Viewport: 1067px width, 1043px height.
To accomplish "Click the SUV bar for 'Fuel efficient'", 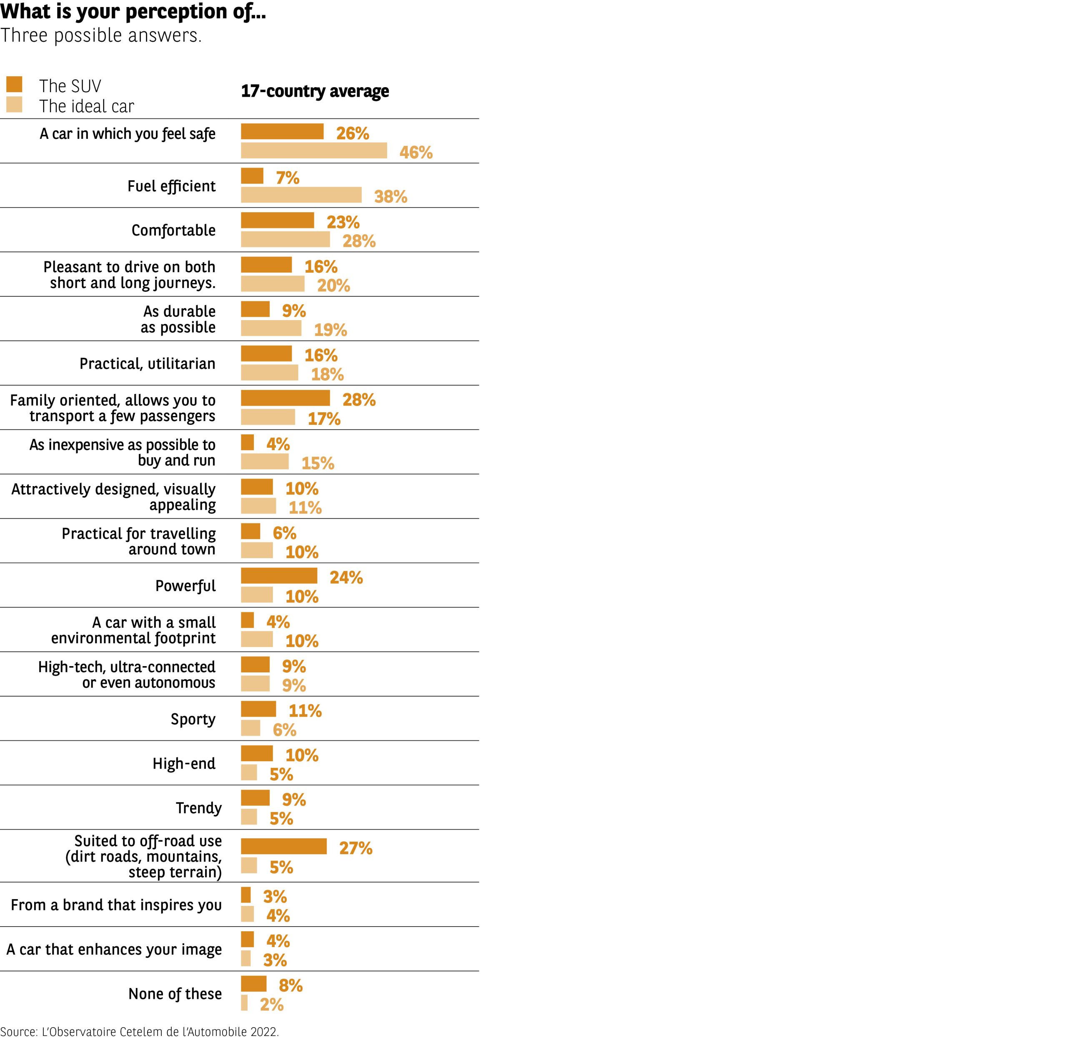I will [x=252, y=176].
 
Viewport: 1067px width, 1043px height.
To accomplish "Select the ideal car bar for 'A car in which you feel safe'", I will [x=314, y=150].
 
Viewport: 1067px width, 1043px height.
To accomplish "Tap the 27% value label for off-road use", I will [x=356, y=848].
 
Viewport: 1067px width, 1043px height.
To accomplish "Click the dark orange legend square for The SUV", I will [x=14, y=84].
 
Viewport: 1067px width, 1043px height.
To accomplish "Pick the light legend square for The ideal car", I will [x=14, y=105].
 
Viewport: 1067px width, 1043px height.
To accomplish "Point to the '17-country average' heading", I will [x=315, y=91].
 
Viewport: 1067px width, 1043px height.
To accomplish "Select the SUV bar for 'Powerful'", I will [x=279, y=576].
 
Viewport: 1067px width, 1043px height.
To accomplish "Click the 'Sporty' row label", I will [x=193, y=719].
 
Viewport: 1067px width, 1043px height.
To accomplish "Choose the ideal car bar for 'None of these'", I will [x=244, y=1003].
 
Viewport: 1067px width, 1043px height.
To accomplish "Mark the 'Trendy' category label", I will [x=198, y=807].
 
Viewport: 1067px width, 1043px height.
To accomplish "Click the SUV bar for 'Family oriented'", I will [x=286, y=398].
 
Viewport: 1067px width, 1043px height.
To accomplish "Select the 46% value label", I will [x=416, y=152].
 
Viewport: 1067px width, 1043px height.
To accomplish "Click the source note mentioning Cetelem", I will [x=140, y=1031].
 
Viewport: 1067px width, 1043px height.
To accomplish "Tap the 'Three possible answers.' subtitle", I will [x=101, y=35].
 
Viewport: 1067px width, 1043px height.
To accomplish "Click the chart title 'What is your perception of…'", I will [x=133, y=11].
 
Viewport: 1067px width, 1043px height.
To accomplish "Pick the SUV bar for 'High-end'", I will [x=257, y=753].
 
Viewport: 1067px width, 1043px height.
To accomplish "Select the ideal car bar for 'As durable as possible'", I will [x=271, y=328].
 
